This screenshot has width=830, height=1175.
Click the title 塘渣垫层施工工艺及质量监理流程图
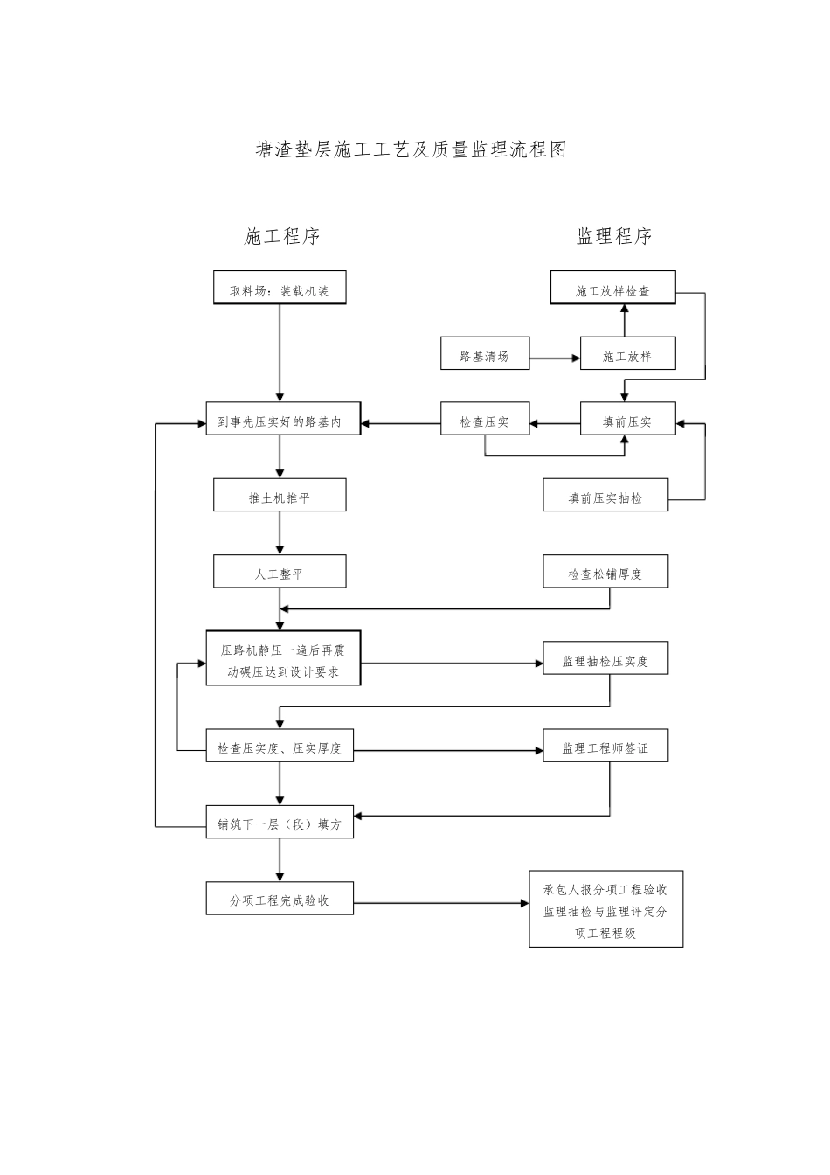tap(412, 150)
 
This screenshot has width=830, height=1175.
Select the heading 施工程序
tap(281, 236)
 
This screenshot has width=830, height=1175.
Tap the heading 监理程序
tap(614, 236)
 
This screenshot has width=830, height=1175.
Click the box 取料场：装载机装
tap(280, 288)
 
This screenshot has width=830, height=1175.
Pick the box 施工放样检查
tap(612, 288)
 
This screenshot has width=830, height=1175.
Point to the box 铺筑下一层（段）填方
tap(280, 822)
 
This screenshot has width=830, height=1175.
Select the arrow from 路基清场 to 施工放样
tap(555, 358)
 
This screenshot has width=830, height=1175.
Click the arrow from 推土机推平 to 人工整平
tap(280, 533)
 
